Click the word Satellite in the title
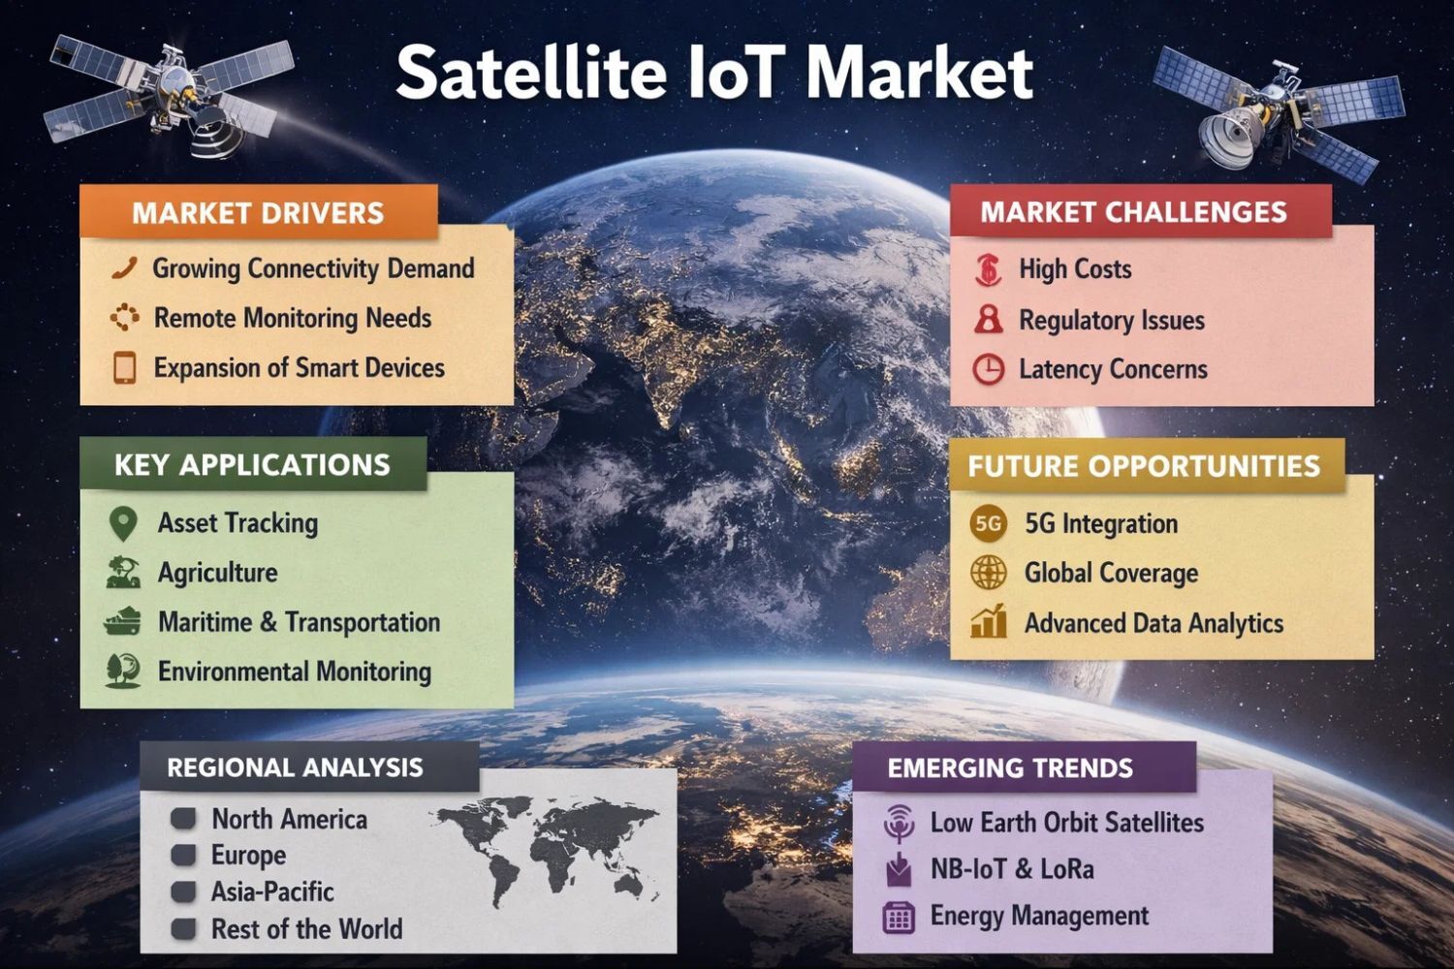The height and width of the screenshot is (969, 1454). point(531,73)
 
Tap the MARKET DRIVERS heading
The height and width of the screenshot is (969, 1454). point(258,213)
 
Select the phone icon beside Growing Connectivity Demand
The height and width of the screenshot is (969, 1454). point(124,268)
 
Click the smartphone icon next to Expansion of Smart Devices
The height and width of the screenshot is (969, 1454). point(125,367)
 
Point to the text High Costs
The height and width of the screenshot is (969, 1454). point(1075,268)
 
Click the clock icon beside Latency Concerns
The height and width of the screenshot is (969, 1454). point(988,369)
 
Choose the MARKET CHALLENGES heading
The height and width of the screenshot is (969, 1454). point(1133,212)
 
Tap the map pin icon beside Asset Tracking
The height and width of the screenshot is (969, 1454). point(123,523)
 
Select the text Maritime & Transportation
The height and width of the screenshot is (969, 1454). point(300,622)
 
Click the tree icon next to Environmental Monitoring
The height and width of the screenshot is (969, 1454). point(123,671)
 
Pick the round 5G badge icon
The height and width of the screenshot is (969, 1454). point(988,523)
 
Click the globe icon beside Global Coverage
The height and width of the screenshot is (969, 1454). point(988,573)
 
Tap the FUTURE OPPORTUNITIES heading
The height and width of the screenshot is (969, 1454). point(1144,466)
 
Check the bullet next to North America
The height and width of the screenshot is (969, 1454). point(183,819)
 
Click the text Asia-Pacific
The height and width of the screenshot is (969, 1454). point(272,891)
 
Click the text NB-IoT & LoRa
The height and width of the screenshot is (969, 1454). point(1012,869)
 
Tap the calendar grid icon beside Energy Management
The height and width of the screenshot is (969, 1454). point(899,917)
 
